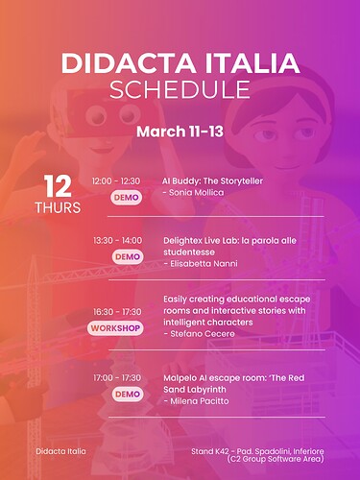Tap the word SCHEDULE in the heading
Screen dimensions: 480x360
(180, 89)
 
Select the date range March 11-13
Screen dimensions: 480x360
(180, 130)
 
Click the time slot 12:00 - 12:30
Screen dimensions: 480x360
(116, 180)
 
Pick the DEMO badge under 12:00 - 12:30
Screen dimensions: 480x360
(126, 197)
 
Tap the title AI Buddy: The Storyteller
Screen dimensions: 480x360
(212, 180)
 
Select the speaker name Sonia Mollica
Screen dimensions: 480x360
(198, 193)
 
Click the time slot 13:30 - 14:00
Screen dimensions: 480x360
(116, 240)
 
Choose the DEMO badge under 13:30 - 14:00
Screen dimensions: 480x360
(127, 256)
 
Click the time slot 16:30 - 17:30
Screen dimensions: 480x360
(116, 312)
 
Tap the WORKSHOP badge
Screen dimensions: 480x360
(116, 328)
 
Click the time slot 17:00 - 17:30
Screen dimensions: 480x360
(116, 377)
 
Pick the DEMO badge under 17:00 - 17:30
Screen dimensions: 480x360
(127, 394)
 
